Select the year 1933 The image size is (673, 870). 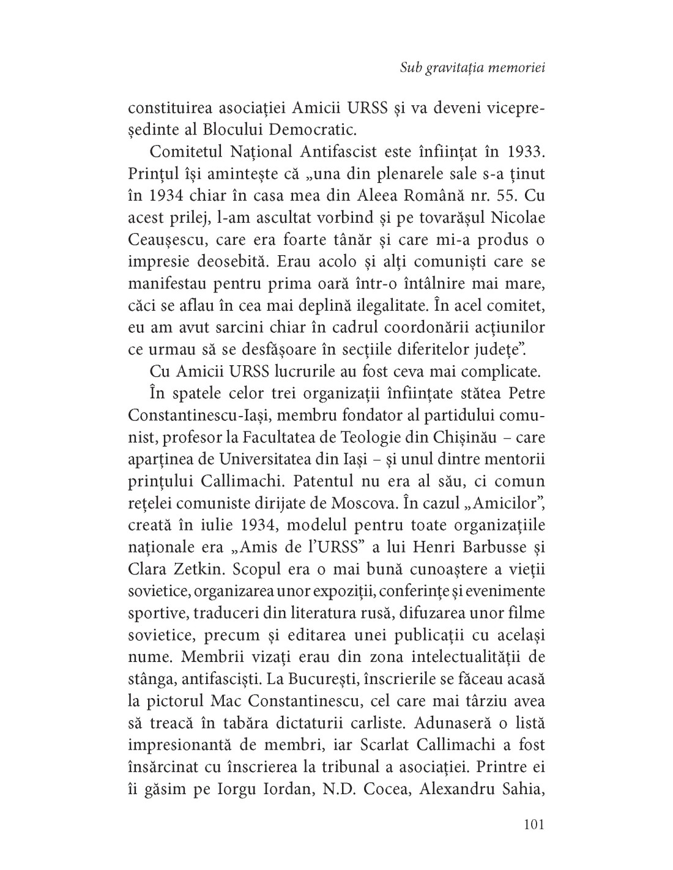525,151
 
